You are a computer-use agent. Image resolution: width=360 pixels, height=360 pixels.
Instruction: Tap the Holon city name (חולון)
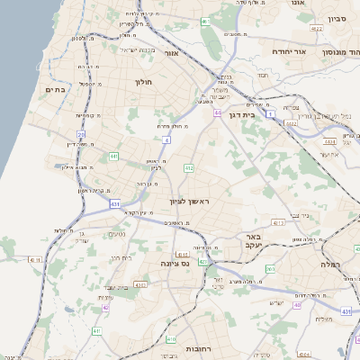coord(144,82)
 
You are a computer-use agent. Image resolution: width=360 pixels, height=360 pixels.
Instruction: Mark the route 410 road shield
coord(171,339)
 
